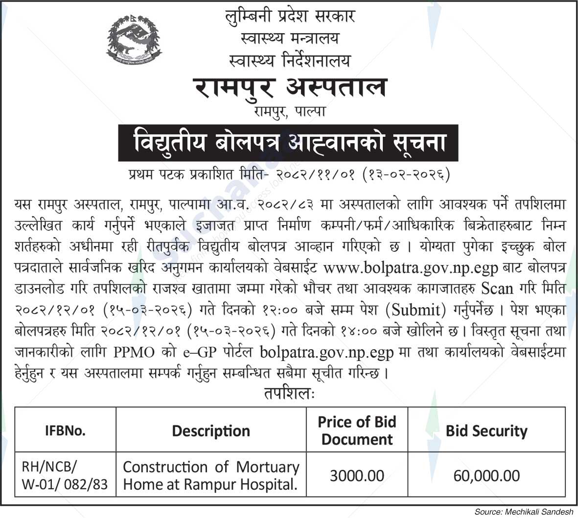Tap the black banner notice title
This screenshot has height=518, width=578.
[x=289, y=142]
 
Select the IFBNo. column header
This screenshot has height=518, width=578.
[x=66, y=431]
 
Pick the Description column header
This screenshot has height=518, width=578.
[x=211, y=431]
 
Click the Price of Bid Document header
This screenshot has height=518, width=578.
[x=357, y=430]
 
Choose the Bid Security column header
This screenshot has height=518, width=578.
[x=486, y=431]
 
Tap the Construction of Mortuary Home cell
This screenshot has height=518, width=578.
[x=211, y=476]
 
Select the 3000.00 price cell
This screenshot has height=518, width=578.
[x=357, y=475]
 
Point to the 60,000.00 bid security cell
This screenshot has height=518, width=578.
[x=486, y=475]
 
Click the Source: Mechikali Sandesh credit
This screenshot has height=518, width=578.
[x=524, y=512]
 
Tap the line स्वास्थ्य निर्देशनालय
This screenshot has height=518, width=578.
[x=290, y=60]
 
